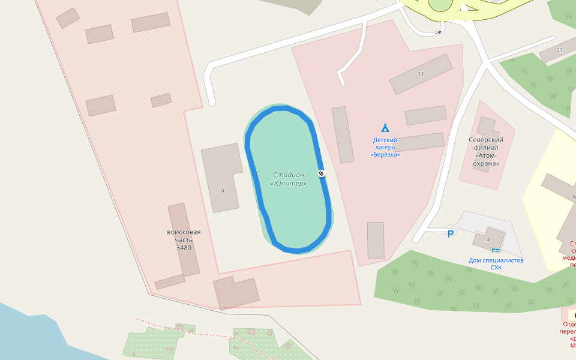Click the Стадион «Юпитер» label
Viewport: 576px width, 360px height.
coord(289,179)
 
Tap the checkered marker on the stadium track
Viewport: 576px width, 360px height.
coord(322,174)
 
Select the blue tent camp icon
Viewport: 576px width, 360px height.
coord(385,128)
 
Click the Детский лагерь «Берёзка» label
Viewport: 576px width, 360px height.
coord(385,147)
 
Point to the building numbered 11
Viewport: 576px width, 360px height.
coord(421,74)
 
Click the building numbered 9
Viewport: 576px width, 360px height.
coord(220,178)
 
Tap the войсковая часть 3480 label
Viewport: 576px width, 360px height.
coord(184,239)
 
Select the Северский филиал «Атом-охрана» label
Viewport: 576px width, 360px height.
coord(486,151)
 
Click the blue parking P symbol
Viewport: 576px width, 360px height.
coord(450,234)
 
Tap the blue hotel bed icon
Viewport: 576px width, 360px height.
coord(496,250)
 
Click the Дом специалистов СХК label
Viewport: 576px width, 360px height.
coord(496,263)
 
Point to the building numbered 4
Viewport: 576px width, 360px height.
coord(489,239)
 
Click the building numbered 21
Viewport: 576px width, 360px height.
coord(559,52)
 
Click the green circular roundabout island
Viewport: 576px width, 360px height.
coord(440,4)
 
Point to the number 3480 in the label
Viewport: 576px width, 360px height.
coord(184,247)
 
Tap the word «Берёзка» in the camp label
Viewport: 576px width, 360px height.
coord(385,155)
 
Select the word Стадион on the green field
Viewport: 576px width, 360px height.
coord(289,175)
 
